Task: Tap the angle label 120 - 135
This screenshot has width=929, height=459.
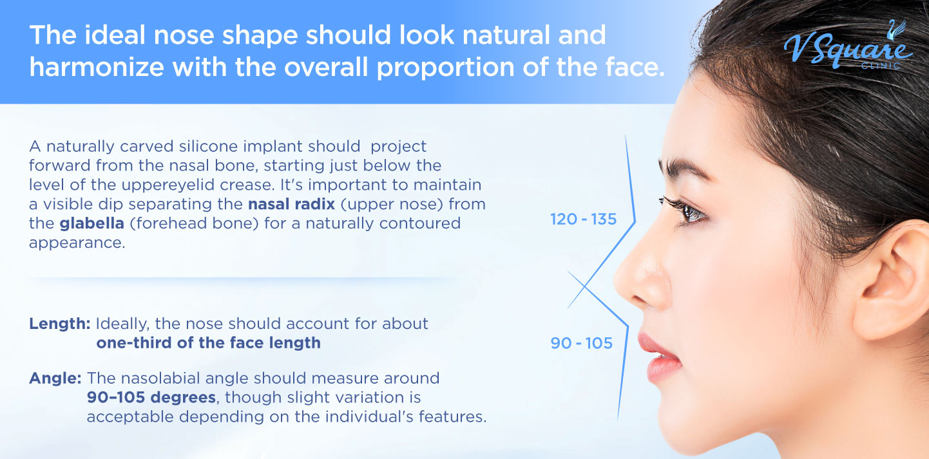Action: pos(583,220)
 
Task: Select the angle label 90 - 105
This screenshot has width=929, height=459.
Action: pos(581,343)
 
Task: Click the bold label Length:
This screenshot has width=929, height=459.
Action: pos(60,323)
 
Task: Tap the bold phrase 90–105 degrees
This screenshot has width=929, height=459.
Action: pos(151,397)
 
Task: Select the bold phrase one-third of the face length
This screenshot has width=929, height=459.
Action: pos(208,342)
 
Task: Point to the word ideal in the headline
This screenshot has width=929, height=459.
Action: pos(110,34)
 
